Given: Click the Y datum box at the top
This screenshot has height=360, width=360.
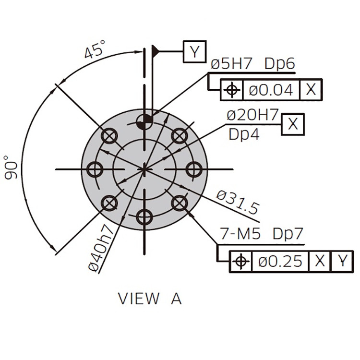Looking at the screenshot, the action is (195, 52).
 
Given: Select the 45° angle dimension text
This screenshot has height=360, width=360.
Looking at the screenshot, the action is (95, 49).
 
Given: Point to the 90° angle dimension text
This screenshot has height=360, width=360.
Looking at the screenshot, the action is (11, 168).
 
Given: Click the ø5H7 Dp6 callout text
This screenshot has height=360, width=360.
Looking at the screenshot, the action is (253, 63).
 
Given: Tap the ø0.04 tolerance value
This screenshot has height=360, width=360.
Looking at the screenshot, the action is (271, 90).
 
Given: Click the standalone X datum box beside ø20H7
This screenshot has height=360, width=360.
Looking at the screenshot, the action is (293, 124).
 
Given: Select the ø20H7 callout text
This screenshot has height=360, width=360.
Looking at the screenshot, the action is (252, 115).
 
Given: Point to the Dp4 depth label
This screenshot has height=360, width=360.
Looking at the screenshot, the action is (244, 134).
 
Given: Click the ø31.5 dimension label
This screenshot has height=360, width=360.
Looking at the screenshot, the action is (238, 202).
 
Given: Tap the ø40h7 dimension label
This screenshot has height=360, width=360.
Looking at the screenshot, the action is (101, 248).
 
